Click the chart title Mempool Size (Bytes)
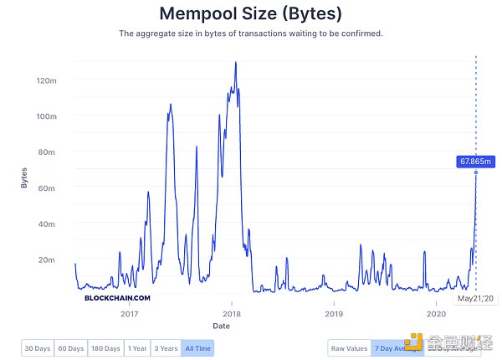pos(251,14)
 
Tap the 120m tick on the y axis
pos(46,80)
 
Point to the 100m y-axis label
pos(46,116)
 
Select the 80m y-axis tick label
pos(47,152)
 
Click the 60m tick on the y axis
pos(47,188)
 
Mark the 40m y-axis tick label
pos(47,224)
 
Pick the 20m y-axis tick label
pos(47,260)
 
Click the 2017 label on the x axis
pos(129,314)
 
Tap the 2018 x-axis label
pos(231,314)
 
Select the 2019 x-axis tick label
pos(333,314)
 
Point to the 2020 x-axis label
pos(435,314)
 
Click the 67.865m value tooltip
pos(473,162)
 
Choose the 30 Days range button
pos(37,347)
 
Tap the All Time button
pos(197,347)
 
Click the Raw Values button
pos(349,347)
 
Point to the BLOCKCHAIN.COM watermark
pos(117,297)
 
